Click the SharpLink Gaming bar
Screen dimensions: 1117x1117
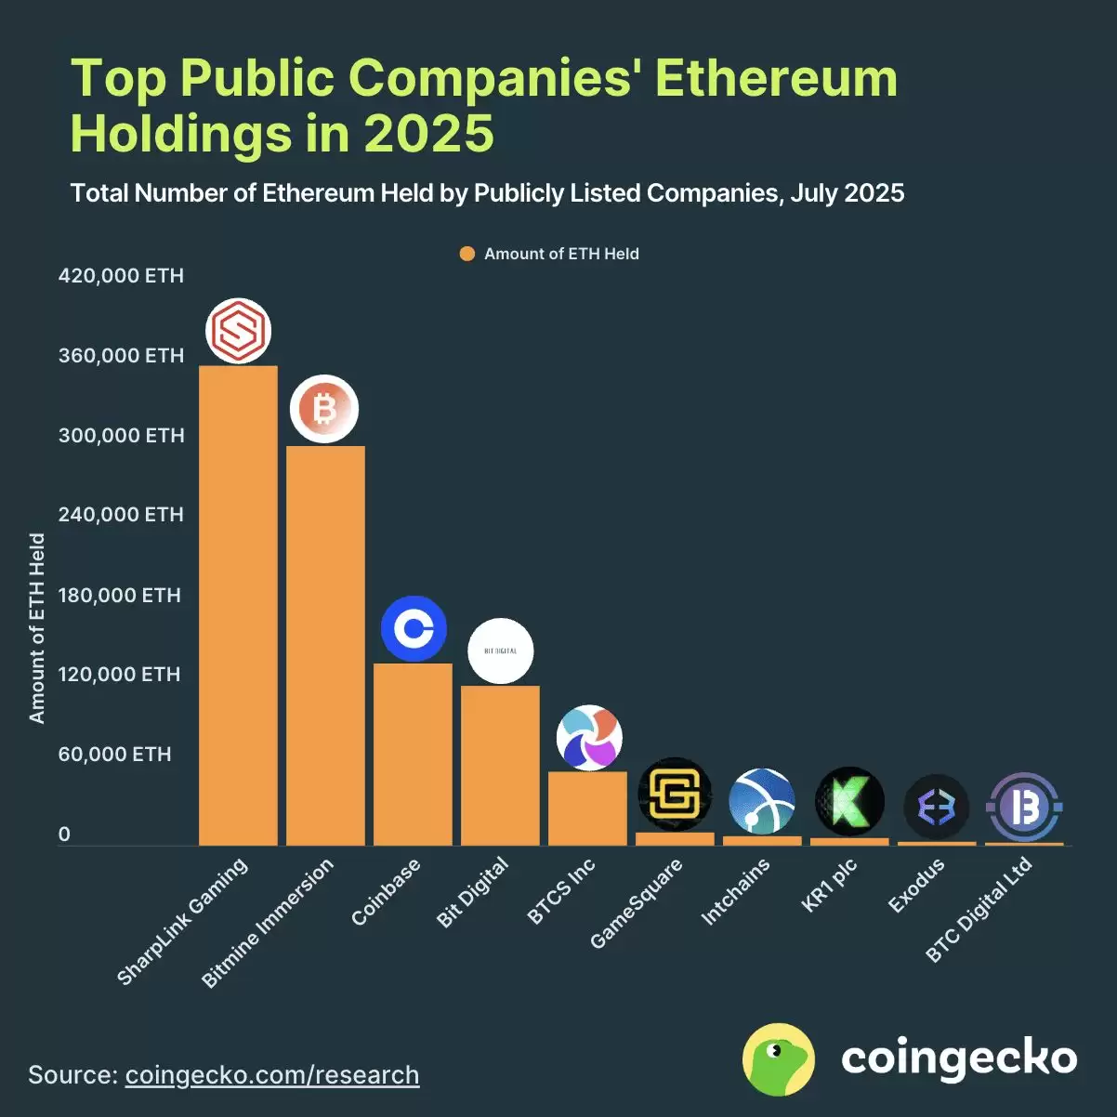point(238,604)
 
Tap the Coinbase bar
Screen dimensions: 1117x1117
point(413,754)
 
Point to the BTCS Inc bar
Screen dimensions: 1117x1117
point(587,808)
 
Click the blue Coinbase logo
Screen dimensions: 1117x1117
point(414,629)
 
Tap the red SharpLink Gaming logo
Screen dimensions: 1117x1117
point(238,331)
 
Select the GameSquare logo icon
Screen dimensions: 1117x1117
point(675,795)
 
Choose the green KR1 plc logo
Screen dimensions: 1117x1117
point(849,800)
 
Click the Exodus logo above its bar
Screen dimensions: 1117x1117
point(936,807)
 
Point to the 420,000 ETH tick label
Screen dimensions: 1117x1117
point(121,276)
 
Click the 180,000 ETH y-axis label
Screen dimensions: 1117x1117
point(119,595)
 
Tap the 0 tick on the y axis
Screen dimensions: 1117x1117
point(64,834)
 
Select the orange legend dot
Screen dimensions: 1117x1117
point(467,254)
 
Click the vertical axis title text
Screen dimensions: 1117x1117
point(37,627)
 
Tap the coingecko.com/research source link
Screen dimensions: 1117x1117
point(272,1075)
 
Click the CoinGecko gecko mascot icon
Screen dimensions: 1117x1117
point(779,1059)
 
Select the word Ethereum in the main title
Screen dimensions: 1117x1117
point(776,78)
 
